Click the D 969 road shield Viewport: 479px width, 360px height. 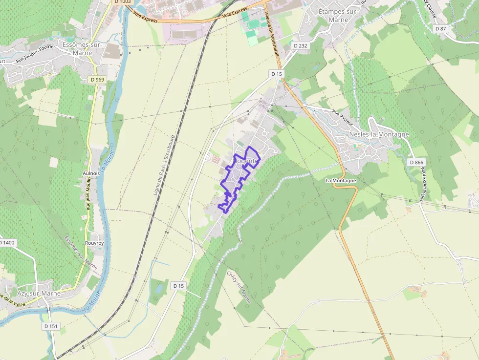(97, 79)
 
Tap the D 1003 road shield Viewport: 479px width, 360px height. (123, 2)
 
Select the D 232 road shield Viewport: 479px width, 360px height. (300, 45)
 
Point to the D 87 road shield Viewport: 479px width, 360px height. (441, 29)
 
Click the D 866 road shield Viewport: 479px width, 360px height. (416, 162)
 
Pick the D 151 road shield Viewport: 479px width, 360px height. (51, 326)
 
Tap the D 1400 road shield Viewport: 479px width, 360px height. (7, 242)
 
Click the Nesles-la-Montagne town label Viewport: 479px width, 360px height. (372, 134)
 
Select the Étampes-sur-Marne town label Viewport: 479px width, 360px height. (338, 16)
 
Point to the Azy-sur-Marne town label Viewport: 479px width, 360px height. (39, 294)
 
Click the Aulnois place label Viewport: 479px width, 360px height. (91, 173)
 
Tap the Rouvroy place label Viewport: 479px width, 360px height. (94, 243)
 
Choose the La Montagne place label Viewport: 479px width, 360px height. (341, 180)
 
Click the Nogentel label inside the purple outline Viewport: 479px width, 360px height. (245, 161)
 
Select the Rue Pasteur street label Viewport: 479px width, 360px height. (343, 118)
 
